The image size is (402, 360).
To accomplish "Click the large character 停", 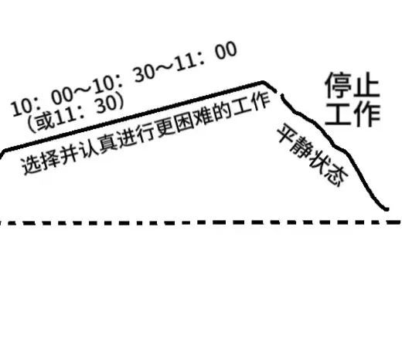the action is [x=338, y=85].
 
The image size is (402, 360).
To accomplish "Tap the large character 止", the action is [x=366, y=85].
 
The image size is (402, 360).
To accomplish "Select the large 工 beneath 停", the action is [x=338, y=114].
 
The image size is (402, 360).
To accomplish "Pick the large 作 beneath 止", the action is [x=366, y=114].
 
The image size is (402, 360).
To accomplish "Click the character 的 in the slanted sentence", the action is [x=223, y=113].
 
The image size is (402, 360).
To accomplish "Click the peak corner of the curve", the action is [x=262, y=82].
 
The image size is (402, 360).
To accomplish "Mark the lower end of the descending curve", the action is [x=387, y=209].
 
